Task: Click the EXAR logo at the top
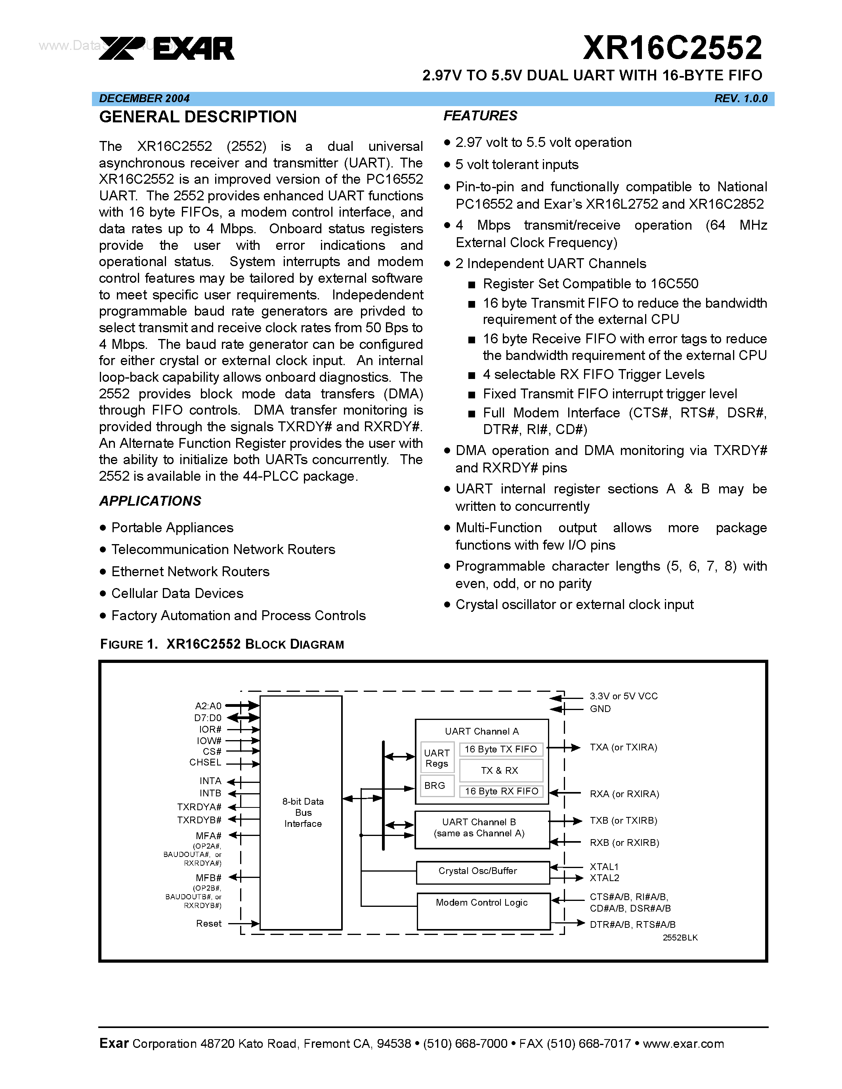click(x=166, y=48)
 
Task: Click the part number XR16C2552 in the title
click(x=672, y=48)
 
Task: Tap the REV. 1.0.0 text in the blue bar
click(x=740, y=98)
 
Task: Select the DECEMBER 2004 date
click(x=144, y=98)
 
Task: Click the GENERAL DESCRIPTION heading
click(x=198, y=117)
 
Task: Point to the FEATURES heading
click(x=480, y=116)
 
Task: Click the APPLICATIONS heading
click(x=150, y=501)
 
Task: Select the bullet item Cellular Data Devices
click(x=177, y=593)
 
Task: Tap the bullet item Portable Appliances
click(x=172, y=527)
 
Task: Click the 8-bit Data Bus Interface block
click(x=301, y=812)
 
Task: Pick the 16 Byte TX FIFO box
click(x=501, y=749)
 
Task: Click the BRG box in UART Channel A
click(x=435, y=785)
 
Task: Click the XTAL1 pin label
click(x=603, y=866)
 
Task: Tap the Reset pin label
click(x=208, y=923)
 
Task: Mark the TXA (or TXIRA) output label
click(x=623, y=747)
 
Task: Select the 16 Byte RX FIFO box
click(x=501, y=791)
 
